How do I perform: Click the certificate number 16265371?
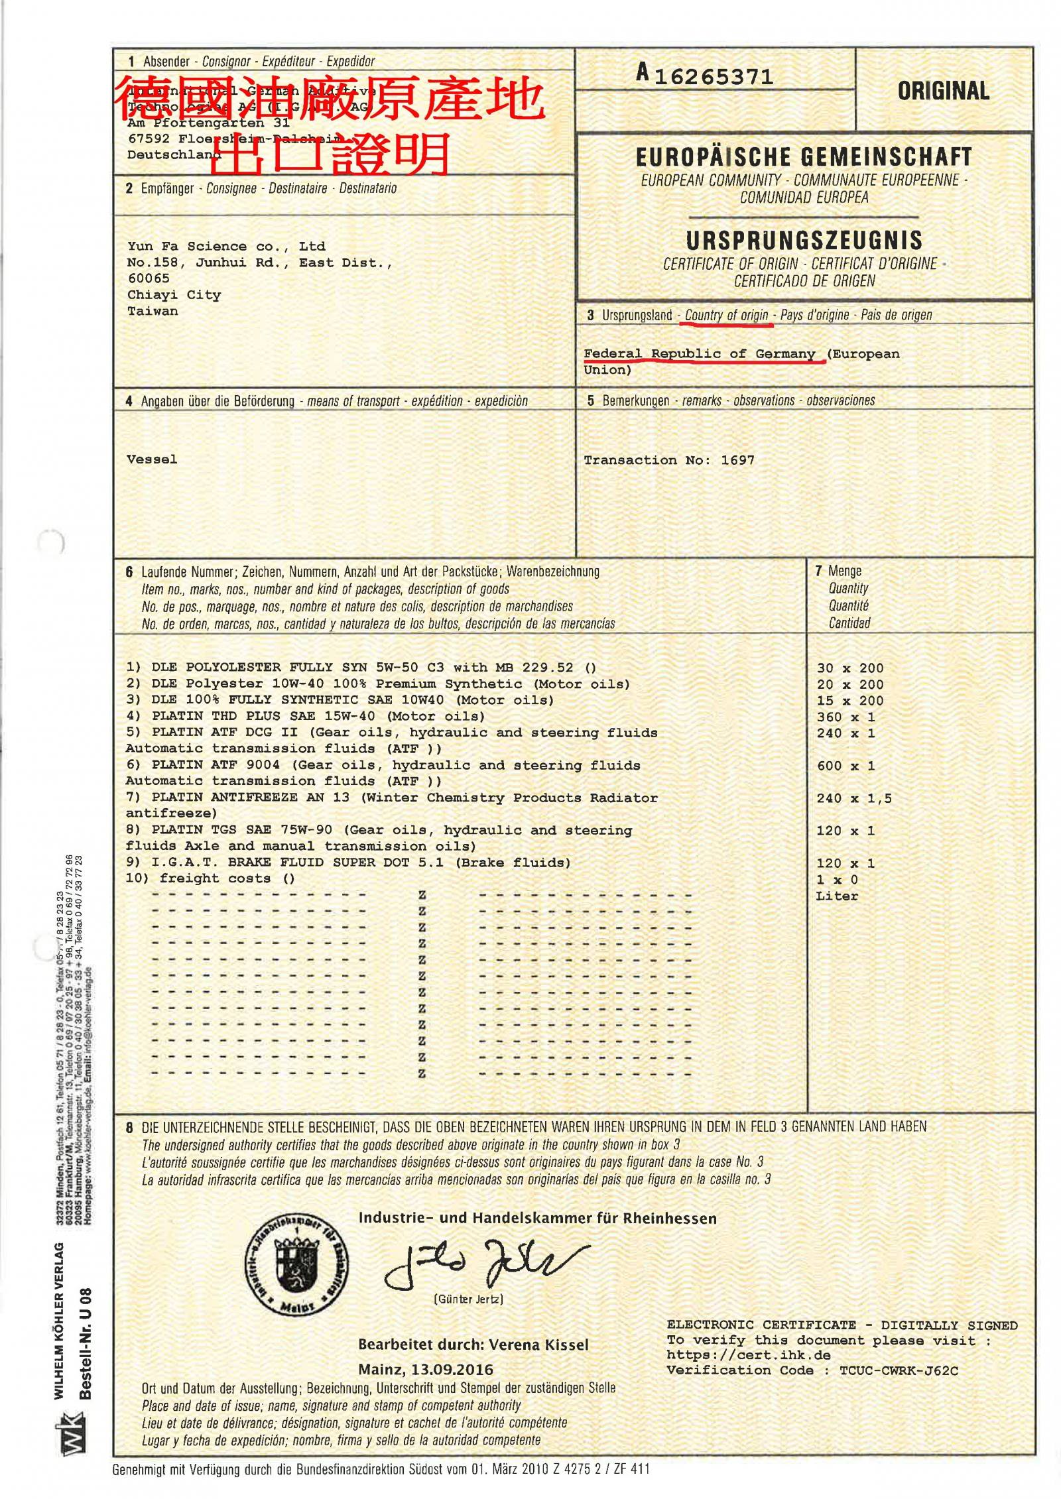tap(714, 78)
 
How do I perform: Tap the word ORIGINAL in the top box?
tap(943, 91)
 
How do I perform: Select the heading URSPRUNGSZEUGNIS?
tap(804, 240)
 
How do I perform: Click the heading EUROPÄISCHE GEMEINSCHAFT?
tap(804, 157)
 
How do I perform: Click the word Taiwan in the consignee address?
tap(153, 311)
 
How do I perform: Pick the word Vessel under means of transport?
tap(152, 459)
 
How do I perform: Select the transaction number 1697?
tap(737, 460)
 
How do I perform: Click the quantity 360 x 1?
tap(845, 717)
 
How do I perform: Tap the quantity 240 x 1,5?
tap(854, 798)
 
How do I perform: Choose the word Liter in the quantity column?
tap(837, 896)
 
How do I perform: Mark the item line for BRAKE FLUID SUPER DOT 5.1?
tap(348, 863)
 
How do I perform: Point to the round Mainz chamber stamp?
tap(296, 1266)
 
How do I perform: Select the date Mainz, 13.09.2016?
tap(425, 1369)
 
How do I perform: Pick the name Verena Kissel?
tap(538, 1345)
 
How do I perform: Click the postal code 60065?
tap(149, 278)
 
